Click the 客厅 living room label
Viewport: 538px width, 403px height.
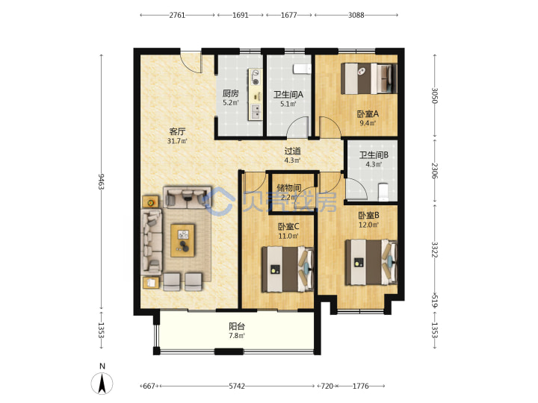click(177, 131)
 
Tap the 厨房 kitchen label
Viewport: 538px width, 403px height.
click(230, 93)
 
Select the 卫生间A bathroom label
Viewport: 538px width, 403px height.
click(288, 94)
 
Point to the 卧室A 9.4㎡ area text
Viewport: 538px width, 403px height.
click(368, 123)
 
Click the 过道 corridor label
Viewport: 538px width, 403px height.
click(293, 151)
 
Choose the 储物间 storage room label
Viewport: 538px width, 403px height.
click(289, 187)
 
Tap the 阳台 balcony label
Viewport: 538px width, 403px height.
click(237, 326)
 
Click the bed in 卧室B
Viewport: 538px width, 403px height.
click(371, 263)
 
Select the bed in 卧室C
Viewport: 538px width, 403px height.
click(288, 269)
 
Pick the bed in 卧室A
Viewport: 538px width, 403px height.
click(369, 78)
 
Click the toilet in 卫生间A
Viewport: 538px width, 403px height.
click(302, 69)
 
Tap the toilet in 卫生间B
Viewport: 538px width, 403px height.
click(383, 193)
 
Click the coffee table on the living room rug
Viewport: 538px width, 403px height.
click(182, 240)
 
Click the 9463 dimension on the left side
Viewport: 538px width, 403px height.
click(101, 181)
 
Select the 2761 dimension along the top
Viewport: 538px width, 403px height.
click(177, 15)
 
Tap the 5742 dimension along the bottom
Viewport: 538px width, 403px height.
click(237, 387)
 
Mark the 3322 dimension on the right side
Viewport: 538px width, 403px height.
click(435, 250)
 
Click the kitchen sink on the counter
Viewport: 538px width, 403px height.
click(256, 110)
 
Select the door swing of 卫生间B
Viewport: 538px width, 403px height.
click(357, 189)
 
